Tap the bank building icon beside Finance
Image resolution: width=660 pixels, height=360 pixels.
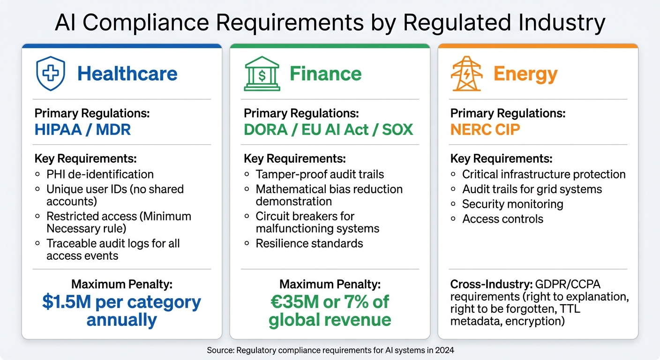pos(262,74)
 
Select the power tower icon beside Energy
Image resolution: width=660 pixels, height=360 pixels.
pos(466,74)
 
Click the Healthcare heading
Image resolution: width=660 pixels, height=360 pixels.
pos(127,74)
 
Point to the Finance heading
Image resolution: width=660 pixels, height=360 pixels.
pos(325,74)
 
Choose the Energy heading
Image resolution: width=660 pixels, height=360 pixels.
pos(525,74)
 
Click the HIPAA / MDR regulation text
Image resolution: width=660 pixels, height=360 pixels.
pos(82,129)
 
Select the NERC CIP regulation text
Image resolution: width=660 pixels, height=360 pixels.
pos(485,129)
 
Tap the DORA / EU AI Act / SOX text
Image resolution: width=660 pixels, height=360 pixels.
pos(329,129)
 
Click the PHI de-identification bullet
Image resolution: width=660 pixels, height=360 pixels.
pos(100,174)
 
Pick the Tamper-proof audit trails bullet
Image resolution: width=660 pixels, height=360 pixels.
pos(320,174)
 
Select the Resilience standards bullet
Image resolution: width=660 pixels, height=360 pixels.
pos(309,243)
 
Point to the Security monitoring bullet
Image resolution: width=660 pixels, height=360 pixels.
pos(512,204)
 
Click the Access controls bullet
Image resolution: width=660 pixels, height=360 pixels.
pos(502,219)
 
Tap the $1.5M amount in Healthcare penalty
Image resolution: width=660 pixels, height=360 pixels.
pos(67,302)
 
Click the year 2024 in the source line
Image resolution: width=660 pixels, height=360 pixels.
pos(444,350)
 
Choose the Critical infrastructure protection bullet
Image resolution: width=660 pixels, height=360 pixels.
pos(543,174)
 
